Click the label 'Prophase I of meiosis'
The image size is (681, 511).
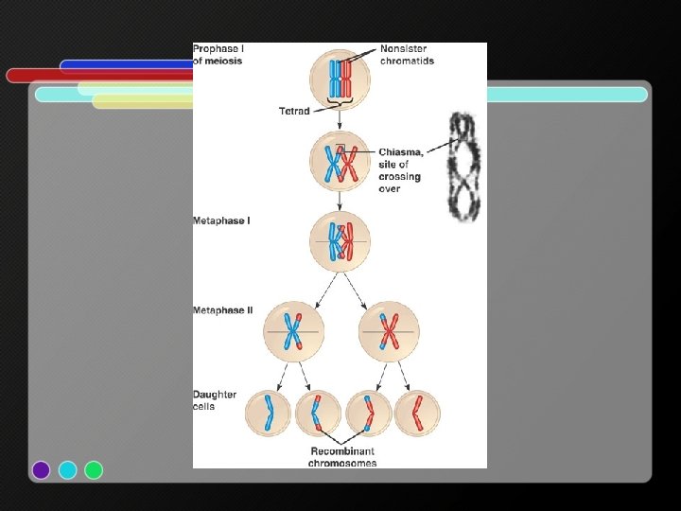(218, 55)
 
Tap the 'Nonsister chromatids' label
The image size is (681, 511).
(407, 55)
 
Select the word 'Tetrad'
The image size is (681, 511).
(293, 112)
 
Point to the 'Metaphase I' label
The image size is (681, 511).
(221, 220)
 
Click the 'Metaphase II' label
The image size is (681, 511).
(222, 310)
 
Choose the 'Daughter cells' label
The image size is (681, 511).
(215, 400)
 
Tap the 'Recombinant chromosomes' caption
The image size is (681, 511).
(342, 458)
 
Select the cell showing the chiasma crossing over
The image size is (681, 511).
(340, 162)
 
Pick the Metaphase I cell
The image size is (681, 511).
(340, 241)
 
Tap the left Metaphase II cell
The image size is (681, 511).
(294, 331)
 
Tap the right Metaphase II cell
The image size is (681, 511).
(389, 331)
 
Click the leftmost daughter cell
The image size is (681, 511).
(269, 414)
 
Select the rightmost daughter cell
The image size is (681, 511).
(417, 414)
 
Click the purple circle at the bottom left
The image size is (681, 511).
(41, 469)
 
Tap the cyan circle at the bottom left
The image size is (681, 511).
(67, 469)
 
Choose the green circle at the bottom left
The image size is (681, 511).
(94, 469)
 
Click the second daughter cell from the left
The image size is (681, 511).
(319, 414)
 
